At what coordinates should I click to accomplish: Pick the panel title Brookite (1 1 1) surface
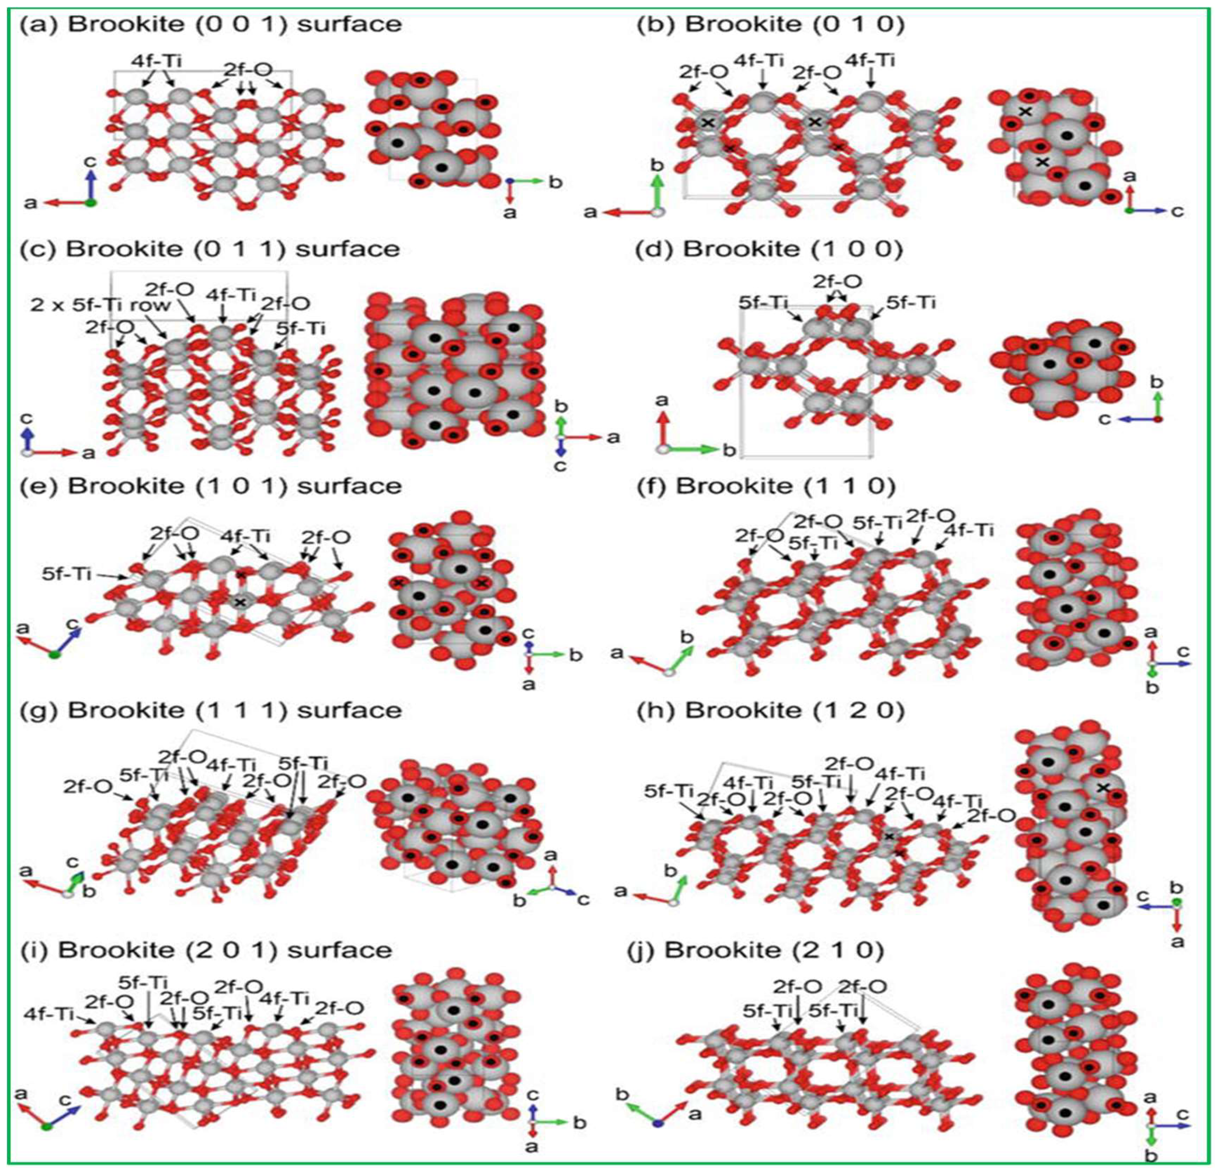[211, 710]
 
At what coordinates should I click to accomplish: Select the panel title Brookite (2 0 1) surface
[206, 950]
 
